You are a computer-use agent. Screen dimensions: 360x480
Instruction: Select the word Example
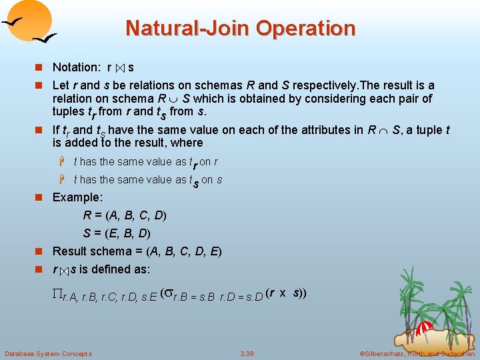(x=78, y=197)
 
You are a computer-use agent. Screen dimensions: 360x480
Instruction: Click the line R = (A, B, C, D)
(x=125, y=215)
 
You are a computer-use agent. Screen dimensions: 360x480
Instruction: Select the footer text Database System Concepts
(x=48, y=353)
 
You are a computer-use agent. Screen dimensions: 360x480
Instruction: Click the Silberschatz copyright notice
(x=417, y=353)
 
